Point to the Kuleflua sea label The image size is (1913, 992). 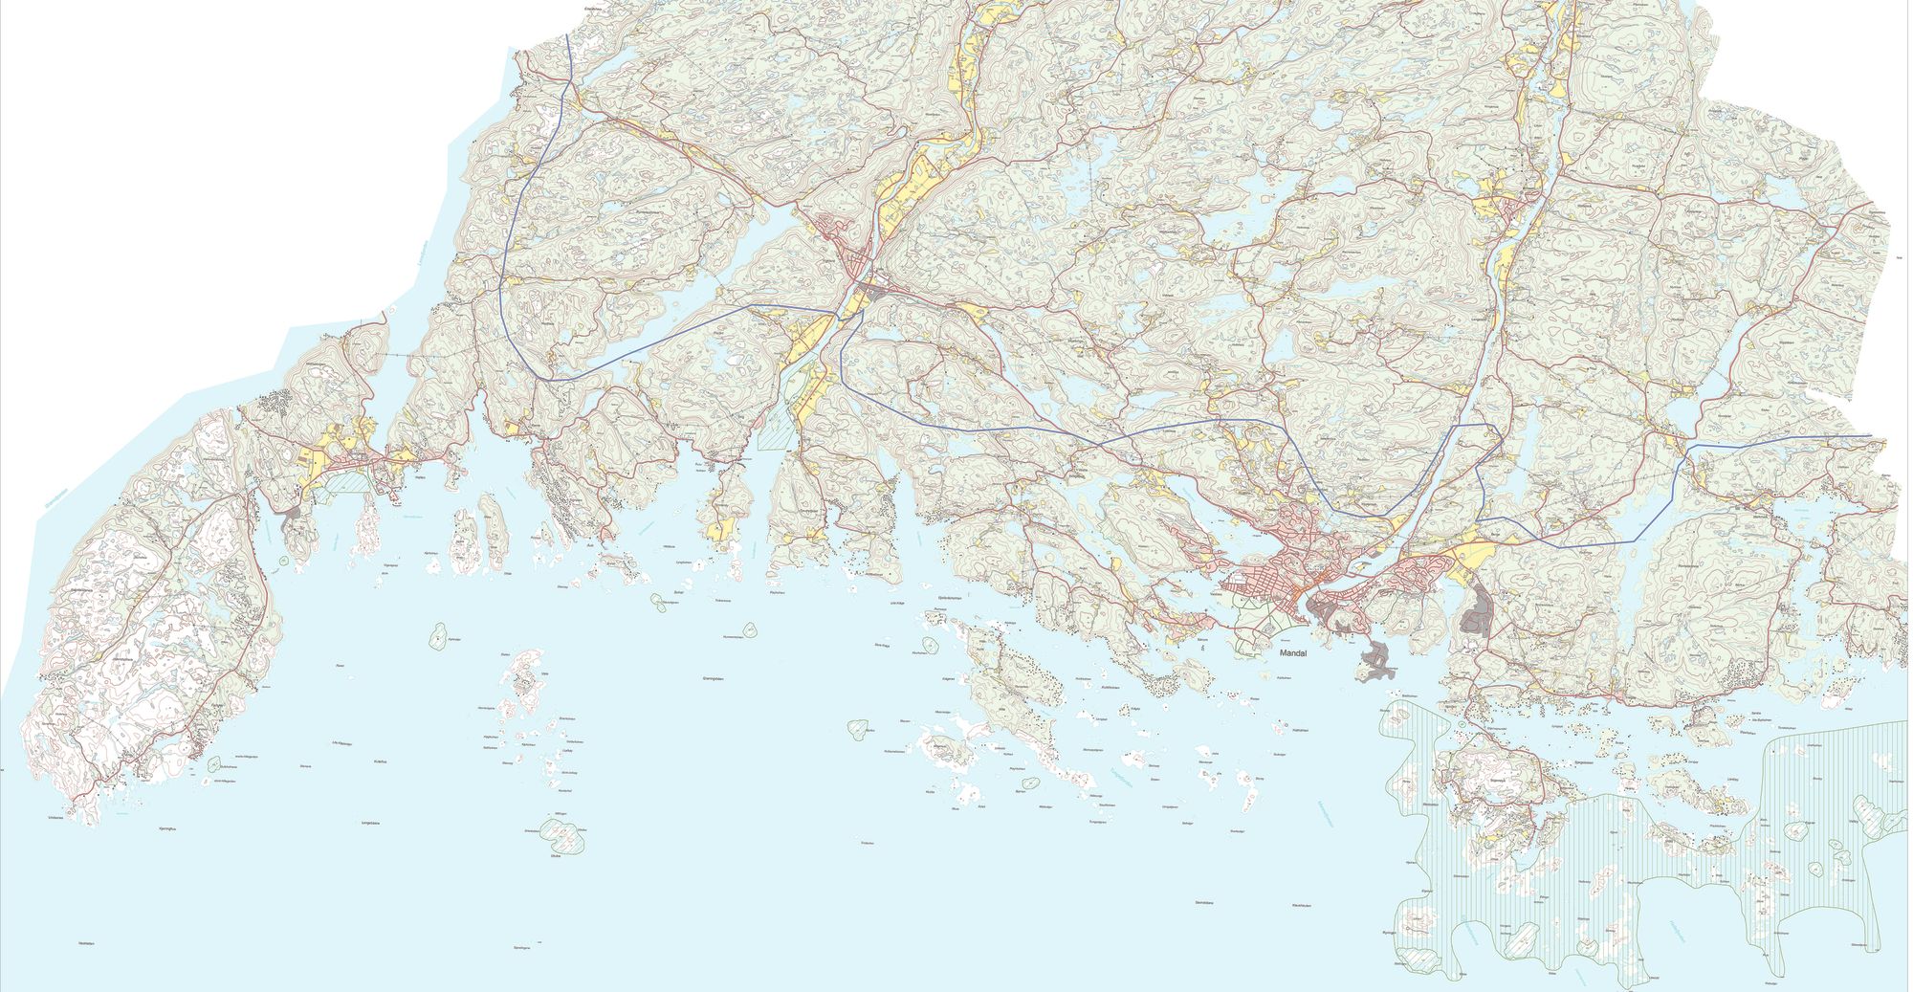(x=381, y=761)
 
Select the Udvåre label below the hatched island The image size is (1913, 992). (x=556, y=855)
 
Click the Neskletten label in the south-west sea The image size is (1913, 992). (x=88, y=943)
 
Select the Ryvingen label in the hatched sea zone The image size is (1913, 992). (x=1390, y=932)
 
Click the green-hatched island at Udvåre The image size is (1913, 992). (x=563, y=837)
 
